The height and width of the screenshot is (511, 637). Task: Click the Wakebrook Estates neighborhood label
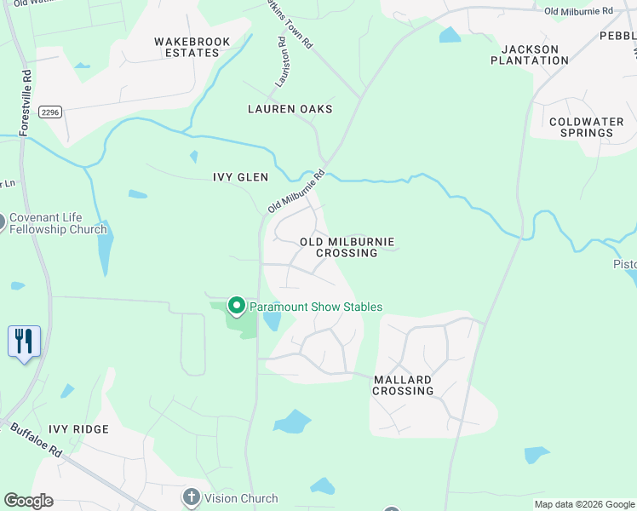coord(187,47)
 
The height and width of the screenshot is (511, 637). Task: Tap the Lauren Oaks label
coord(290,110)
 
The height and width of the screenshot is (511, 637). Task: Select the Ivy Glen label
coord(240,177)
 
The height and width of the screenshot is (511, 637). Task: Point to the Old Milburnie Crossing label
coord(347,247)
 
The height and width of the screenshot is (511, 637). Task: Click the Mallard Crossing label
coord(403,385)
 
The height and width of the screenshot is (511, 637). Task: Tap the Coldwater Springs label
coord(586,128)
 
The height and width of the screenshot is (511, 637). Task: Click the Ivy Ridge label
coord(78,429)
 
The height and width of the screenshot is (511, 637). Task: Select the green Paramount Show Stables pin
coord(236,306)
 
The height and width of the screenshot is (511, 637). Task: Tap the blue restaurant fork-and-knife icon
coord(24,342)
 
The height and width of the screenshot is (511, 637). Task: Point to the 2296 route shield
coord(50,112)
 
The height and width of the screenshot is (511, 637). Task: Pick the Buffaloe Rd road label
coord(37,440)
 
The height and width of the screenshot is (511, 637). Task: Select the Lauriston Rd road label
coord(278,62)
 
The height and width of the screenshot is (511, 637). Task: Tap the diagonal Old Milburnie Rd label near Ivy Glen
coord(297,191)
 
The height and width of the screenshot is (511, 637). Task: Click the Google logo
coord(29,501)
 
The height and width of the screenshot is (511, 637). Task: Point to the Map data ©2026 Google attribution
coord(584,505)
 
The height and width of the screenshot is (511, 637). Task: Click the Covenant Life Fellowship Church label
coord(58,223)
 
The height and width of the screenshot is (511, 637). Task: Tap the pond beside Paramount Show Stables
coord(273,321)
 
